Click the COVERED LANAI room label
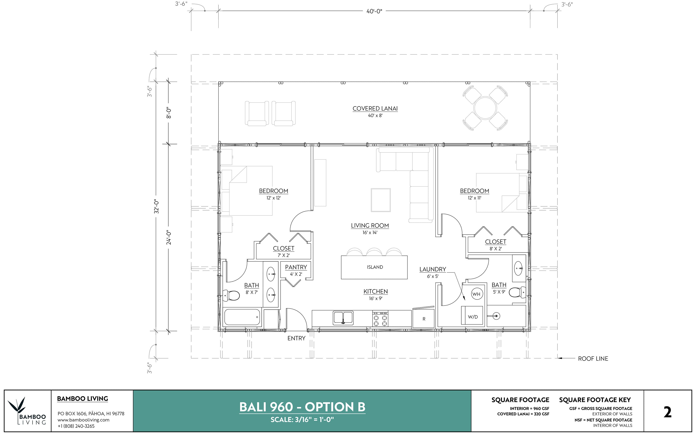375,109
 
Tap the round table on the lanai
485,108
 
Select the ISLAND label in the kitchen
375,267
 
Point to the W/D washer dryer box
472,317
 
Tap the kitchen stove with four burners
380,319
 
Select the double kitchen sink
343,318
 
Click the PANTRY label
296,267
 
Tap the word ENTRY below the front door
296,338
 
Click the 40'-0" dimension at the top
374,11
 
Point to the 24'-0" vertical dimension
169,237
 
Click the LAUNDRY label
432,269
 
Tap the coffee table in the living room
381,200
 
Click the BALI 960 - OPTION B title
302,407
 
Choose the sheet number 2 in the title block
668,412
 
